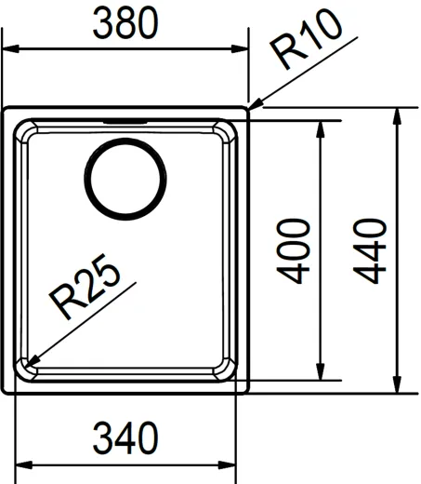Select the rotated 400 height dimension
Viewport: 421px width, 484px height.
pyautogui.click(x=295, y=249)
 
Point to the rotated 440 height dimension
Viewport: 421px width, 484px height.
pyautogui.click(x=372, y=249)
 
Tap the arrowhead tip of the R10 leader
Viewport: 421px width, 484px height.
pyautogui.click(x=249, y=106)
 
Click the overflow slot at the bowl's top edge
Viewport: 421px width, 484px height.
pyautogui.click(x=125, y=121)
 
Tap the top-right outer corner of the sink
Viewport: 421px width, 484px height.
pyautogui.click(x=248, y=108)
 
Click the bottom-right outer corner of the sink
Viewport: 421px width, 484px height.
pyautogui.click(x=248, y=393)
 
